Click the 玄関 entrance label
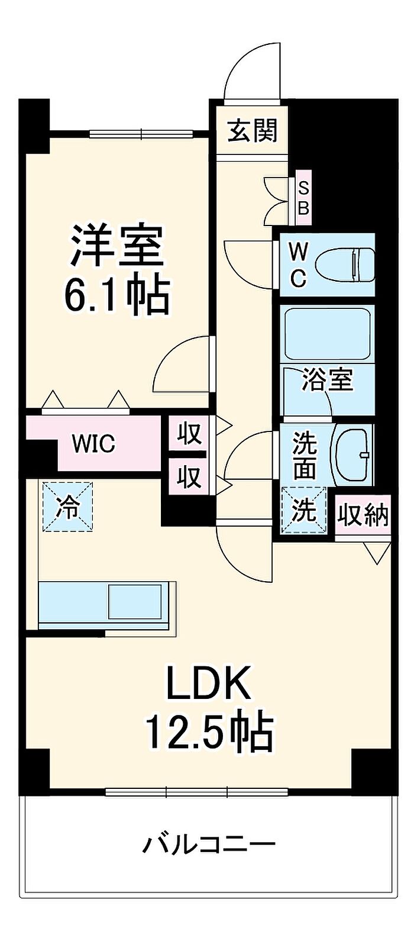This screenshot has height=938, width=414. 253,130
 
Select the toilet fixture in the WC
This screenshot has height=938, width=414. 345,265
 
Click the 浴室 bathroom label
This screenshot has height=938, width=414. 328,379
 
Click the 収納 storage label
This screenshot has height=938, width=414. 363,515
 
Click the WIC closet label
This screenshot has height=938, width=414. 93,443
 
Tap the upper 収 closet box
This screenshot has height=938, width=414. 189,433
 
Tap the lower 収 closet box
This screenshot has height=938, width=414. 189,476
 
